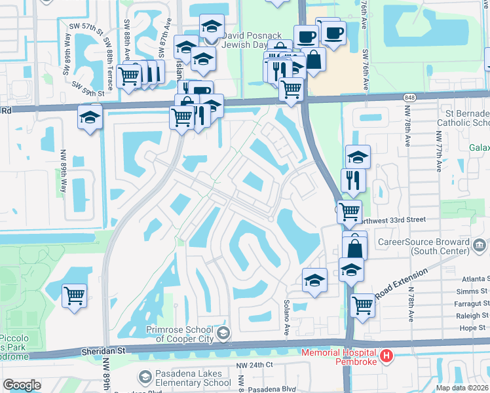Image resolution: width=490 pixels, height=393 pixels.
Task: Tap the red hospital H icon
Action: [387, 357]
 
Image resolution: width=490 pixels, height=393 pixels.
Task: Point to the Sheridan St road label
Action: [103, 351]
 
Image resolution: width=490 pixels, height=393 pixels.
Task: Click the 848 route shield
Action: [410, 97]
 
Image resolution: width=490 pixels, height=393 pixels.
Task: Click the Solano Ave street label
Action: [286, 319]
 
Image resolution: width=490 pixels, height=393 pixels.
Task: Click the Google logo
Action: [22, 385]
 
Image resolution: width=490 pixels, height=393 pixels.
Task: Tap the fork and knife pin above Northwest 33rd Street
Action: [353, 180]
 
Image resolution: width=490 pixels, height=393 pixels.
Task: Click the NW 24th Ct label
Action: [255, 364]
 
